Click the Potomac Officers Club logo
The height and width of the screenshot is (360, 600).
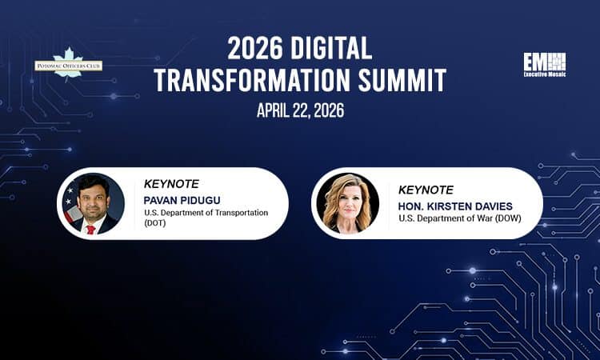pyautogui.click(x=68, y=65)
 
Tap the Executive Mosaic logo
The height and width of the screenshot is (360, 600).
pyautogui.click(x=544, y=64)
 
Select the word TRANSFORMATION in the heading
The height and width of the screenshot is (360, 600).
pyautogui.click(x=262, y=81)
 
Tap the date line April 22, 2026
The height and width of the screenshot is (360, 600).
pyautogui.click(x=300, y=110)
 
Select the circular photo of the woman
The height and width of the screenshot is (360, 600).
pyautogui.click(x=347, y=203)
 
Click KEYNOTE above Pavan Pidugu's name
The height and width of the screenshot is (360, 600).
pyautogui.click(x=172, y=183)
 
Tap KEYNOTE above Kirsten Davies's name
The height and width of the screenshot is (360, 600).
pyautogui.click(x=426, y=190)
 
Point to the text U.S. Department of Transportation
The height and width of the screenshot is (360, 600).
pyautogui.click(x=206, y=213)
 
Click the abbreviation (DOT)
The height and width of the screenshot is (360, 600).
pyautogui.click(x=157, y=225)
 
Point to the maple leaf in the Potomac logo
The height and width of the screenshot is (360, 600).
pyautogui.click(x=68, y=58)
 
